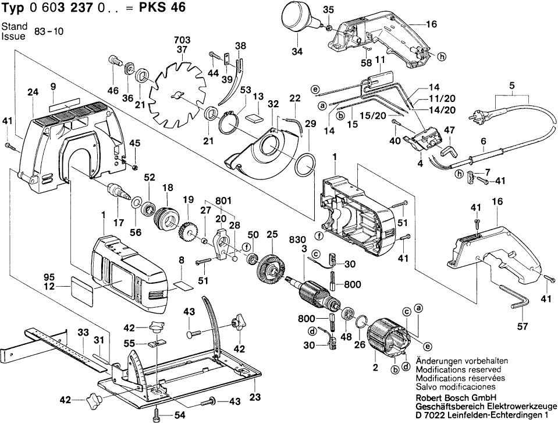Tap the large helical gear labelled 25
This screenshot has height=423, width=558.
click(x=270, y=269)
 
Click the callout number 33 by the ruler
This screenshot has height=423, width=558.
click(x=83, y=332)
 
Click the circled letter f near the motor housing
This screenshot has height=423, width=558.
click(x=319, y=236)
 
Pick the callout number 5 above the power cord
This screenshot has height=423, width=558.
click(x=511, y=86)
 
